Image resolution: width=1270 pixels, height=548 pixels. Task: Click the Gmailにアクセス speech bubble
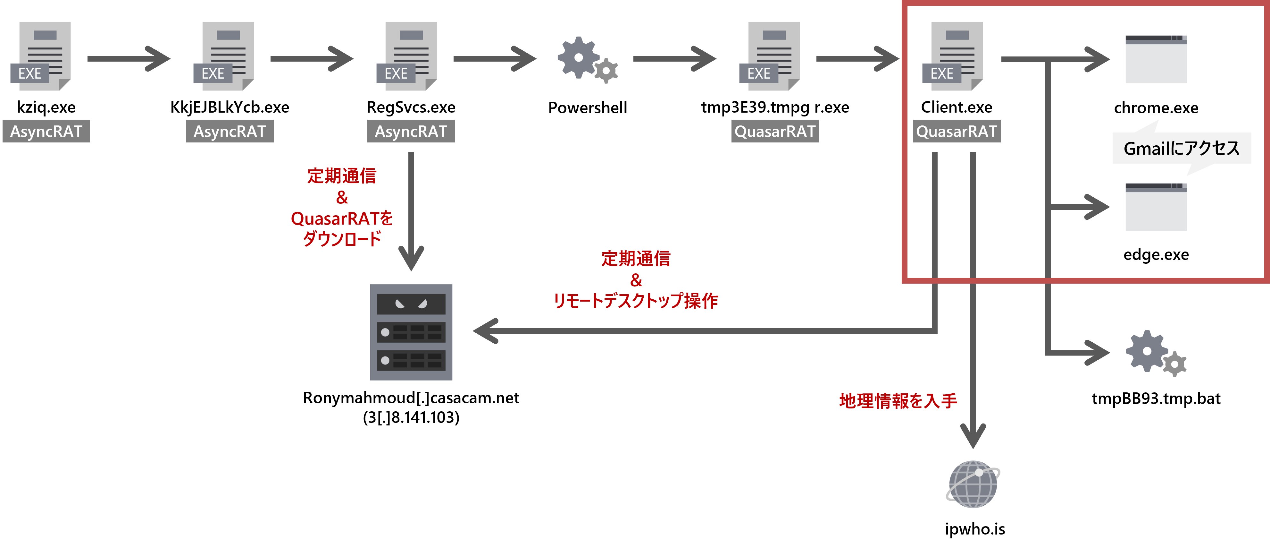coord(1181,148)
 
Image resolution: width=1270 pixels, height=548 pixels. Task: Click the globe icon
coord(973,484)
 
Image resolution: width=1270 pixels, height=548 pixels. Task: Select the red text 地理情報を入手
coord(898,400)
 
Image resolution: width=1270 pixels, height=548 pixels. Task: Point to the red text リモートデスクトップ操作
coord(636,300)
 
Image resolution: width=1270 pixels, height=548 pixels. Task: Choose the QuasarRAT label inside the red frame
coord(957,131)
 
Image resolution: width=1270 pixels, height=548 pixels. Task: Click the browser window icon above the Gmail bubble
coord(1156,59)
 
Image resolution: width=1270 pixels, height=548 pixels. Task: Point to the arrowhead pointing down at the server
coord(411,259)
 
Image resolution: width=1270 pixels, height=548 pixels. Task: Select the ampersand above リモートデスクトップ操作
coord(636,280)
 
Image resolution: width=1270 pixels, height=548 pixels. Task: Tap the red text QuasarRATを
coord(342,218)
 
